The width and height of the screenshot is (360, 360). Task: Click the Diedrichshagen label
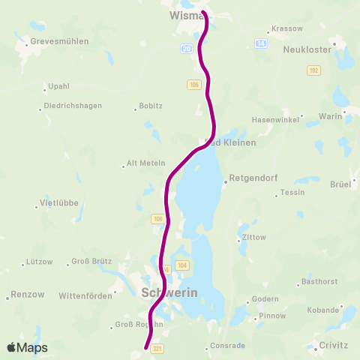click(73, 106)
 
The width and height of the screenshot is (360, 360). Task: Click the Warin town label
click(330, 116)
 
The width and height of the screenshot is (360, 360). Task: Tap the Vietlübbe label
click(58, 204)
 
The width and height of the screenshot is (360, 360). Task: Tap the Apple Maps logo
click(27, 347)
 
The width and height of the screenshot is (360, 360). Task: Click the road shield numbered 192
click(313, 70)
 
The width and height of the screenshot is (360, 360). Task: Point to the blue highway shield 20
click(186, 48)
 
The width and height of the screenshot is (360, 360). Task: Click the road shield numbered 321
click(157, 349)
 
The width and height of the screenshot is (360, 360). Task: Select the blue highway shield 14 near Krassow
click(261, 44)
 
